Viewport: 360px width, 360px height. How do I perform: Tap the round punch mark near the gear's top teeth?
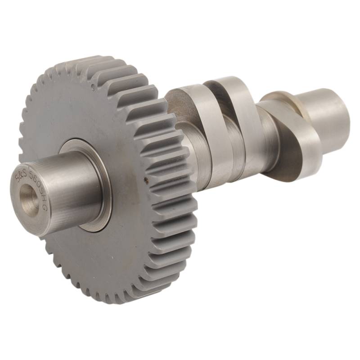93,86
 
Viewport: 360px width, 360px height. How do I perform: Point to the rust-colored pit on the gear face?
145,177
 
